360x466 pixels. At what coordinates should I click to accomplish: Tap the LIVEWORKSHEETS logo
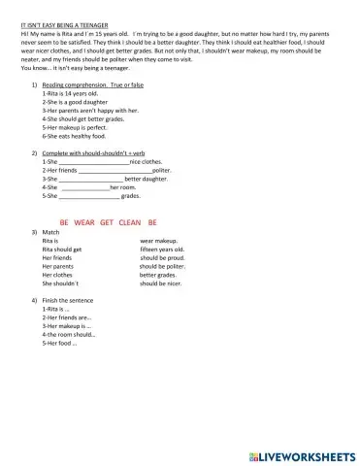pos(303,453)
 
